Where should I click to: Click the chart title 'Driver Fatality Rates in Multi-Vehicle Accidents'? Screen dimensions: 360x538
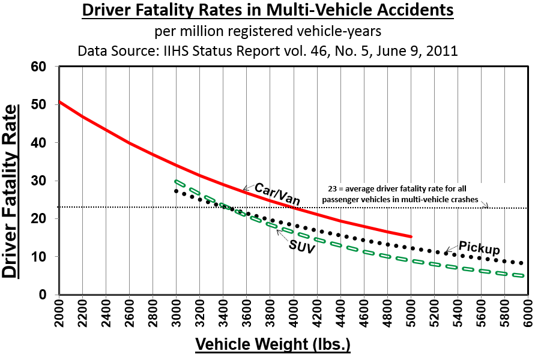pyautogui.click(x=268, y=11)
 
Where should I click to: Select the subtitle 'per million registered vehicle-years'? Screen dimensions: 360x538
pyautogui.click(x=268, y=31)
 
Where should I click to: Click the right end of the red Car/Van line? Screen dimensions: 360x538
pyautogui.click(x=411, y=236)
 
